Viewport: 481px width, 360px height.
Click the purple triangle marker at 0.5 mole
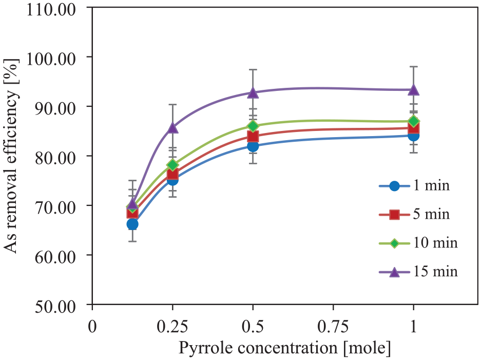[253, 92]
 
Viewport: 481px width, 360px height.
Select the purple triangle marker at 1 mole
[414, 90]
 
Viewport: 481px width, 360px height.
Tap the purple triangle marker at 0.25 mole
[172, 127]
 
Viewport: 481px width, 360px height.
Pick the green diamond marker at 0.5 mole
[253, 126]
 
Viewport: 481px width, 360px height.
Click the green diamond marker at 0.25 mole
[172, 165]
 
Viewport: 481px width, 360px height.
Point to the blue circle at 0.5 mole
[253, 146]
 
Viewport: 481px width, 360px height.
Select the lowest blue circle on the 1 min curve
[132, 224]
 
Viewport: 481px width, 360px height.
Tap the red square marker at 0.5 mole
[253, 136]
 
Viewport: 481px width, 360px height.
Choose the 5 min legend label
[431, 214]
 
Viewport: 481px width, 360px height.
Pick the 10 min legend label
[436, 243]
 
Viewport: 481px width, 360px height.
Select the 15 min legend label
[436, 271]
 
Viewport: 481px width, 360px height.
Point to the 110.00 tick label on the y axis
[51, 10]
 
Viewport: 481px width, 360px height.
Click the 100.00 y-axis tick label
[51, 59]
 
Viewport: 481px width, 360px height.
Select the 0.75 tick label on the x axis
[333, 327]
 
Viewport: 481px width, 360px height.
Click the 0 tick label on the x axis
[92, 327]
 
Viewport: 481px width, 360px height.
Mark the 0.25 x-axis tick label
[172, 327]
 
